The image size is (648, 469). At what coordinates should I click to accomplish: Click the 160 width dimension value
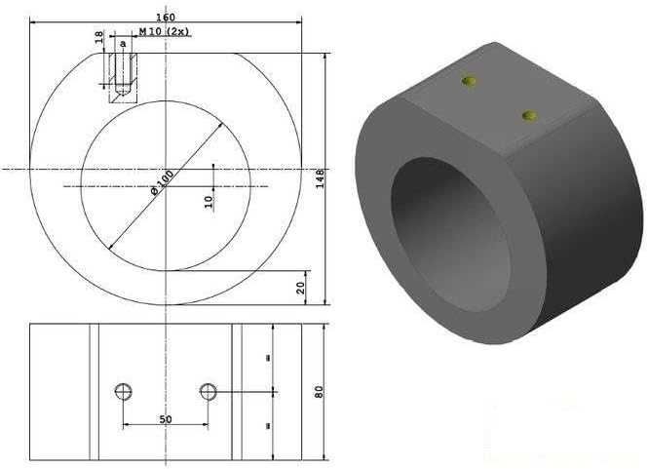(x=166, y=18)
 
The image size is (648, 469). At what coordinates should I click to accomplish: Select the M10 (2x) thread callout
(x=164, y=31)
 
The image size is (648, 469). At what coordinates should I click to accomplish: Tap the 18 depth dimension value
(x=99, y=37)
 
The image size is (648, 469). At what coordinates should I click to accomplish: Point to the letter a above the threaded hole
(x=123, y=44)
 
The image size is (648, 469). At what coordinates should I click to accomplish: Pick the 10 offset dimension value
(x=210, y=202)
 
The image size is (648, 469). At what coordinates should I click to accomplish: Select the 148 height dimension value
(x=320, y=178)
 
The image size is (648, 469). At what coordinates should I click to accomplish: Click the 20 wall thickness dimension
(x=301, y=288)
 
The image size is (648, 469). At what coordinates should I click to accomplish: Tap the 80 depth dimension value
(x=319, y=392)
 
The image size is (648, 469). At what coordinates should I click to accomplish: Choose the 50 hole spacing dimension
(x=166, y=419)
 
